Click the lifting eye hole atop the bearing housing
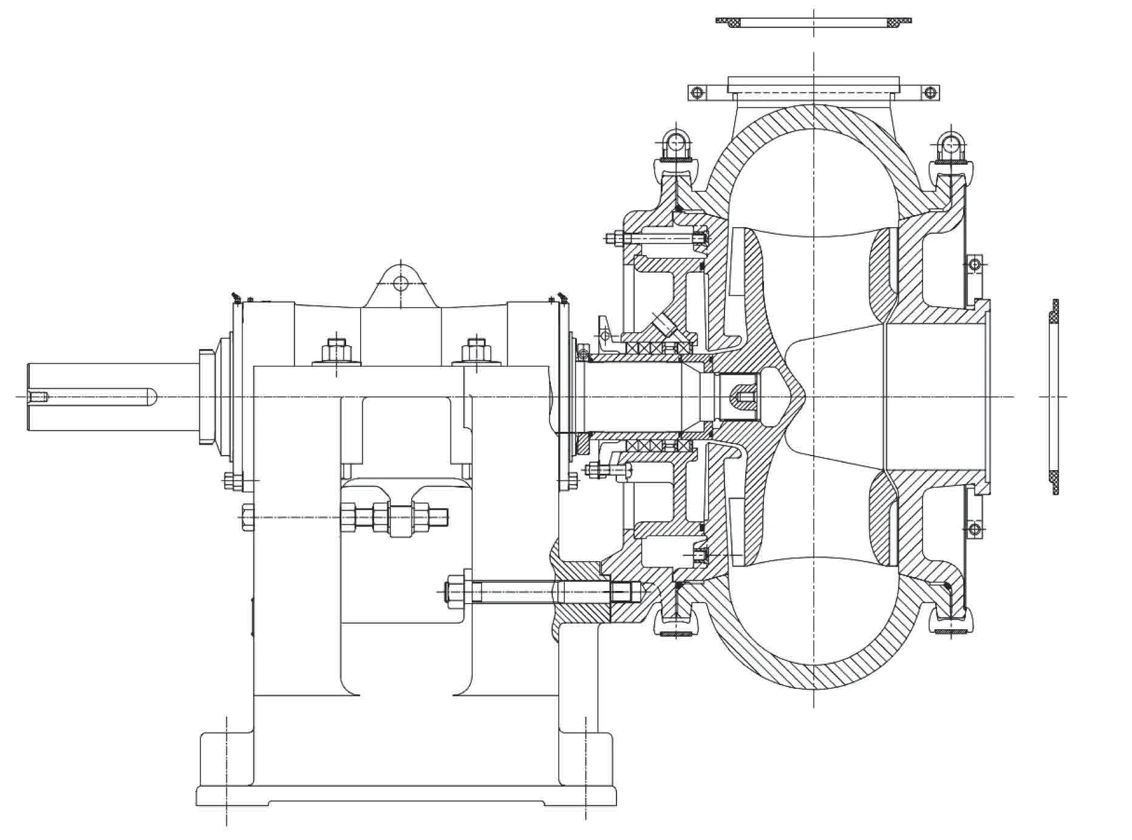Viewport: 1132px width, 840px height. (400, 282)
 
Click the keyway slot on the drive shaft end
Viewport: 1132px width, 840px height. (97, 397)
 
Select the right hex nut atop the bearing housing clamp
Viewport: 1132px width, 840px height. (477, 350)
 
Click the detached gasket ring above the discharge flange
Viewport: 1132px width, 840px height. (813, 22)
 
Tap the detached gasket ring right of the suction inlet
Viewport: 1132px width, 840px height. (1054, 397)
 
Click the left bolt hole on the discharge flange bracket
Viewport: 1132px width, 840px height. (697, 93)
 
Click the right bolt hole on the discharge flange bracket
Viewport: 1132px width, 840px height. (929, 93)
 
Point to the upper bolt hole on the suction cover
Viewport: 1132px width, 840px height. (974, 264)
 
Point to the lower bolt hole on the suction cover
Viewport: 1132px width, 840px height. (974, 528)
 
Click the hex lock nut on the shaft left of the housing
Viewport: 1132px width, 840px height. (206, 397)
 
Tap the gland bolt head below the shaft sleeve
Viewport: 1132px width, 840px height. (594, 469)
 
